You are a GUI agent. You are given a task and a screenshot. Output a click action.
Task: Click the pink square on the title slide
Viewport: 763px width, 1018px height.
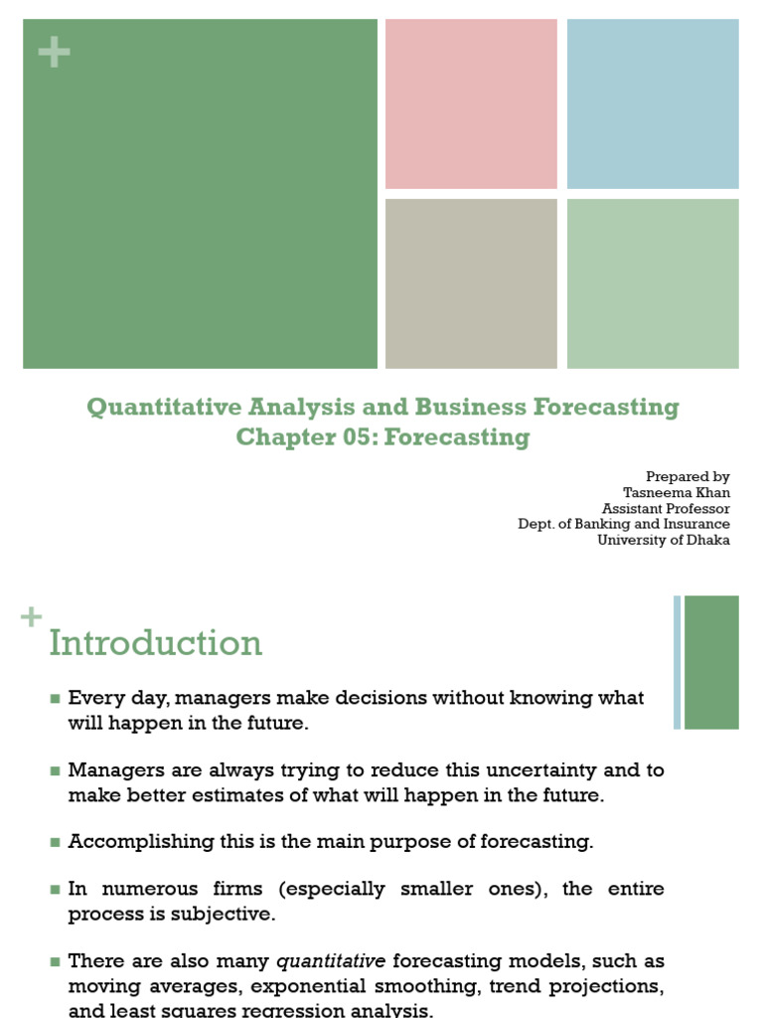point(471,103)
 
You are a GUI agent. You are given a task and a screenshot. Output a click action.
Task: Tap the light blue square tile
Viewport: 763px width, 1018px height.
point(653,103)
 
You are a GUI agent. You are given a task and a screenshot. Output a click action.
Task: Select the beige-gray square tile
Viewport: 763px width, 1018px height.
point(471,283)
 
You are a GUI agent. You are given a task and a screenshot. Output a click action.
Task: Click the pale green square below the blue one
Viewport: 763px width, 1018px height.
point(653,283)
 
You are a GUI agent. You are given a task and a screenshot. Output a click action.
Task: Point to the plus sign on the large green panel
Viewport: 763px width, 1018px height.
point(54,54)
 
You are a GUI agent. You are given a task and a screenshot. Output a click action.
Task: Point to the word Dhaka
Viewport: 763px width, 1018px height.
point(706,540)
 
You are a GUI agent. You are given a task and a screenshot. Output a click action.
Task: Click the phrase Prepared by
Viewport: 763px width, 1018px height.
point(687,476)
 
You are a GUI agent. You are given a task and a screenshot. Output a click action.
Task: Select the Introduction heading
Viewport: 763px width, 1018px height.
point(156,643)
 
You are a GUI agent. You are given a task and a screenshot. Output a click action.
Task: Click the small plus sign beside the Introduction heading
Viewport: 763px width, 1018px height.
point(32,618)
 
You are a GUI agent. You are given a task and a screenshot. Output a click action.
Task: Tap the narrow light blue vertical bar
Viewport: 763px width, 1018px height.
point(678,662)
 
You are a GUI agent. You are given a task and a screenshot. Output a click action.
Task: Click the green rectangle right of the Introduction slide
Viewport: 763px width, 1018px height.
point(711,662)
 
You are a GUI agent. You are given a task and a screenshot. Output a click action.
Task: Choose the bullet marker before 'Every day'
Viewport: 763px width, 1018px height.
point(56,699)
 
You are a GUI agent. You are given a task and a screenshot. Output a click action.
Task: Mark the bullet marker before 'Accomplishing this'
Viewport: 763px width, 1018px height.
point(56,843)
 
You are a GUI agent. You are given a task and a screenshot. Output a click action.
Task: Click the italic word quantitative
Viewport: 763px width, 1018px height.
point(331,961)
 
